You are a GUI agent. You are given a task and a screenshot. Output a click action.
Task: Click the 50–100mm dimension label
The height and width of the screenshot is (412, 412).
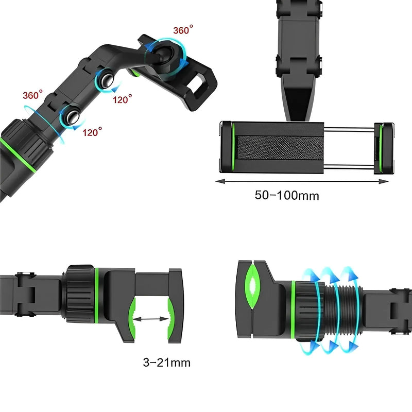(x=287, y=195)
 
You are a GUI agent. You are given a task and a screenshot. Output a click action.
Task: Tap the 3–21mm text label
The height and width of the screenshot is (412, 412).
(x=166, y=363)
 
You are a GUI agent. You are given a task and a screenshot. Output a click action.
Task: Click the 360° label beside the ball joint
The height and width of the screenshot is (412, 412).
(x=183, y=30)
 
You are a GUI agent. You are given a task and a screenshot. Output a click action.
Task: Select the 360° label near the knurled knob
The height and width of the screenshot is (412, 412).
(x=32, y=95)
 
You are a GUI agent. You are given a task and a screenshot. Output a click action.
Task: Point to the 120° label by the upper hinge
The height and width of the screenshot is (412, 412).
(x=122, y=99)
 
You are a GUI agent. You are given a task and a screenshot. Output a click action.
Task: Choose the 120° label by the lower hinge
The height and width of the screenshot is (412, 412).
(x=92, y=132)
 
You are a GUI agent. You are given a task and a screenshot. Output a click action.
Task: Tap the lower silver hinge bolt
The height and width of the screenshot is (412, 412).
(x=72, y=117)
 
